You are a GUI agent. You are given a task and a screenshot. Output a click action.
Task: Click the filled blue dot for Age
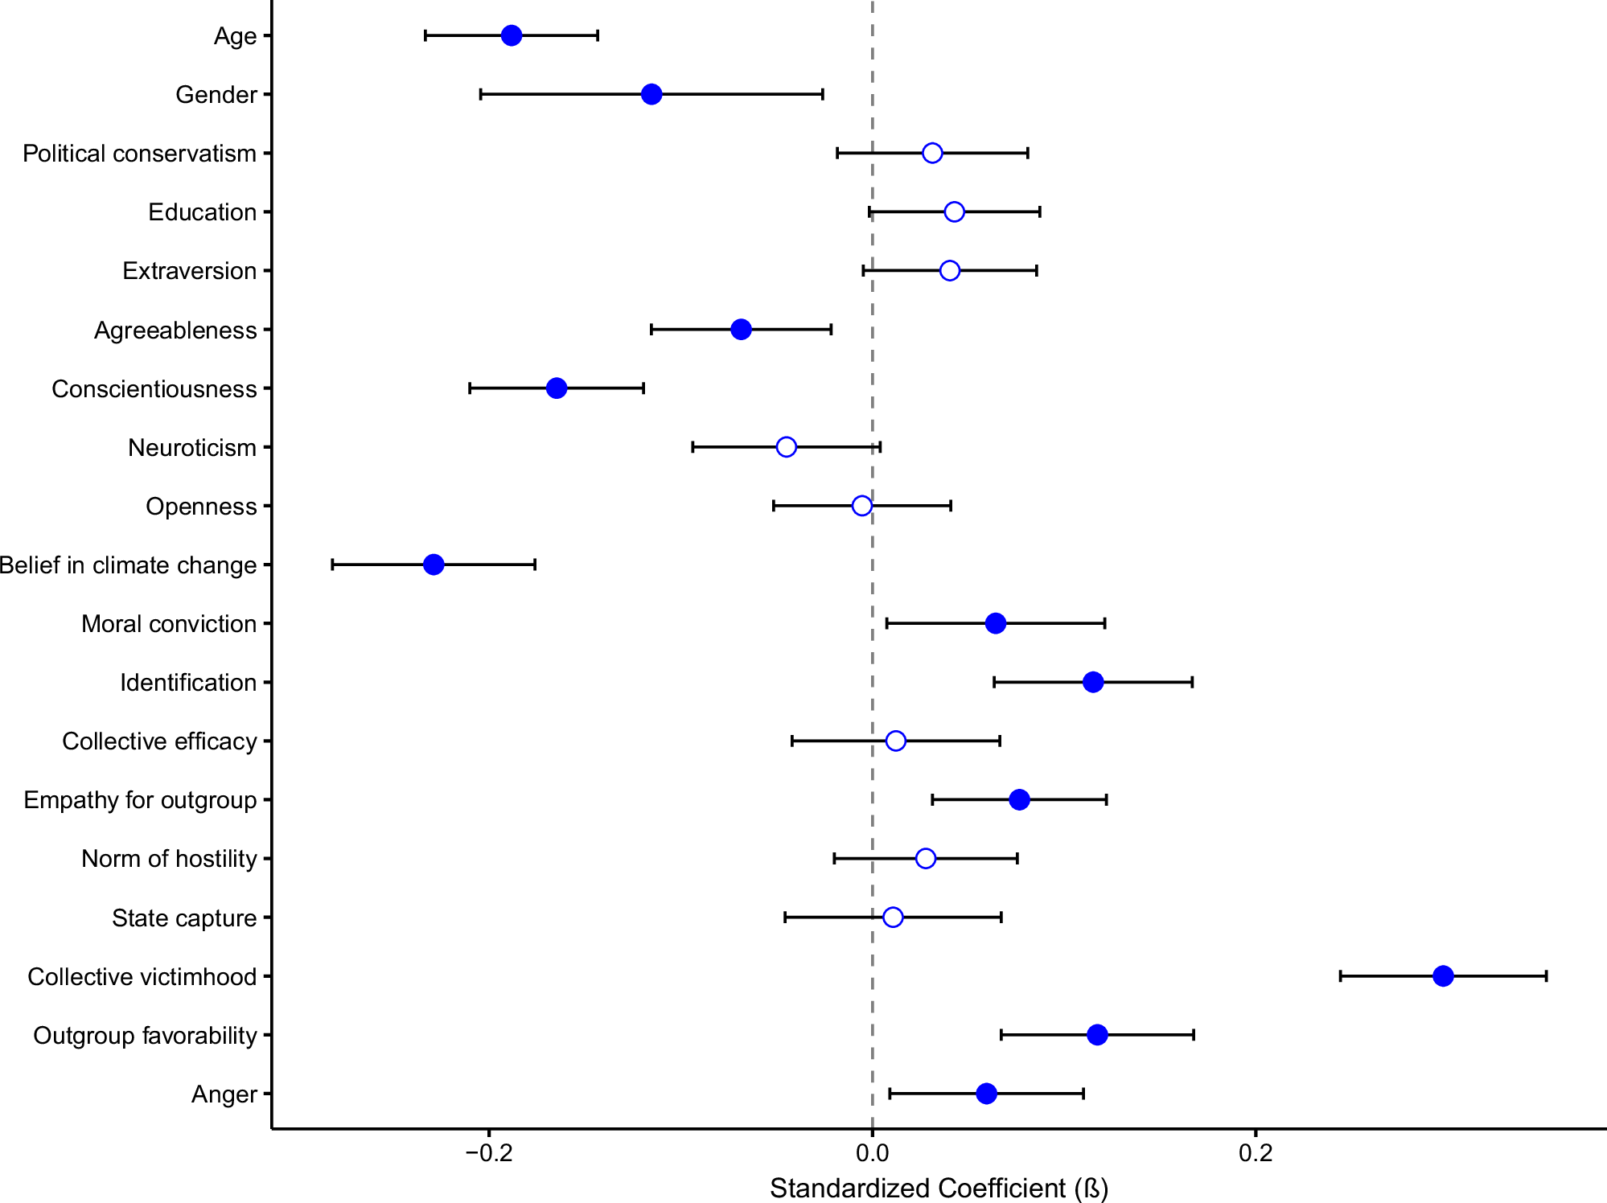511,35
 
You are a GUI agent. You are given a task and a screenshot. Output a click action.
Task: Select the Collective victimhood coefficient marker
1443,976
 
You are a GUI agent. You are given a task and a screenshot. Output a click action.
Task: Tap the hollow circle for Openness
861,506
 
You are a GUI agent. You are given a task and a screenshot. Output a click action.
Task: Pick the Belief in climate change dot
434,565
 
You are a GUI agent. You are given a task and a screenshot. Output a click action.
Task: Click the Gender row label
216,95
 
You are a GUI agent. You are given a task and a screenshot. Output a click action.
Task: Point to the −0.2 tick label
488,1153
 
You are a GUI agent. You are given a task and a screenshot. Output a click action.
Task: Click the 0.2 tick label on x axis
1255,1153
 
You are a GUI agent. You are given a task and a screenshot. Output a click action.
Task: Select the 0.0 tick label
872,1153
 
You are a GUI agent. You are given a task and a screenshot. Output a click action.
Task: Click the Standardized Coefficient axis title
939,1188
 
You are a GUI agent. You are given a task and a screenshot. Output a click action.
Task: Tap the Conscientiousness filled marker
557,388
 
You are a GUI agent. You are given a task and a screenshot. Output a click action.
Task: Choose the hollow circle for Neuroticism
786,447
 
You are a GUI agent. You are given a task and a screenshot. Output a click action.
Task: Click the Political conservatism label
139,154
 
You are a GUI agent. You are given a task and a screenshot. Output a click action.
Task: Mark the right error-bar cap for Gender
822,95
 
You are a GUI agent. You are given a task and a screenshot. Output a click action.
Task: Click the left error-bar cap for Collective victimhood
1340,976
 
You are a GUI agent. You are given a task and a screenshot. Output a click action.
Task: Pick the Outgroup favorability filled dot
1097,1035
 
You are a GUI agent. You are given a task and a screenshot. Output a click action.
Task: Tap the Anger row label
224,1094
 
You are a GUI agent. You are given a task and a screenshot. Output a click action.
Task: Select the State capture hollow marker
892,918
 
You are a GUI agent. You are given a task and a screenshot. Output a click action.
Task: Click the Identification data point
1092,683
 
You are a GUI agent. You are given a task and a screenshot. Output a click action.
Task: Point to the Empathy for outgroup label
140,800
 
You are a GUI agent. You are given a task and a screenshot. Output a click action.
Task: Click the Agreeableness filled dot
741,330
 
